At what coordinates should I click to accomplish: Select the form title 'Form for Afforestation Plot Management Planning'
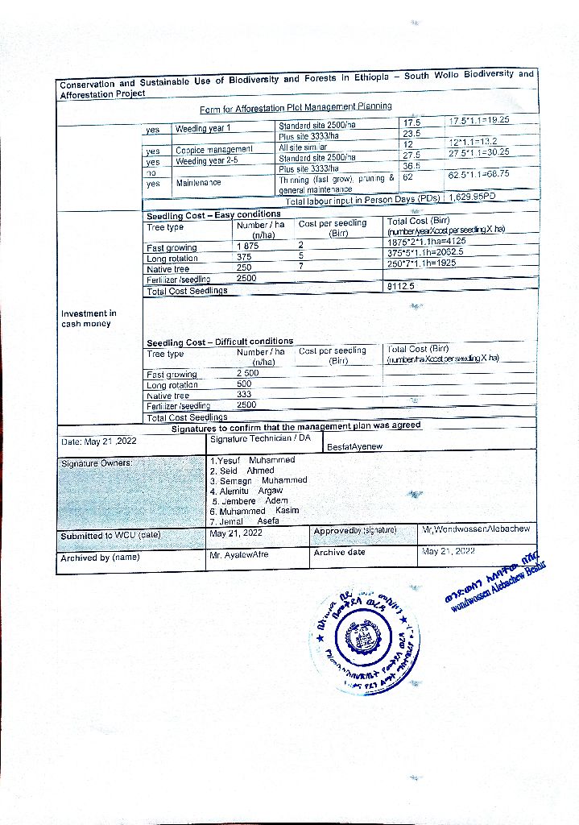coord(296,107)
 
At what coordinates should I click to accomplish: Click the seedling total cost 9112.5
coord(401,286)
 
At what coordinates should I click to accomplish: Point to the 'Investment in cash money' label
coord(89,318)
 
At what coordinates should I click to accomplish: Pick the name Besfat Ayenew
coord(355,446)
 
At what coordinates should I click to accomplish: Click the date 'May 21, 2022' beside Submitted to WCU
coord(236,533)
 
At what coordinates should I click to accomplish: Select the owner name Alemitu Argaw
coord(246,491)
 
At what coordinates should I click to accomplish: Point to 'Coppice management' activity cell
coord(214,150)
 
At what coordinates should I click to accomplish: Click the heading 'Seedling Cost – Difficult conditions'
coord(220,341)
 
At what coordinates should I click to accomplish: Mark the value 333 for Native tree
coord(244,395)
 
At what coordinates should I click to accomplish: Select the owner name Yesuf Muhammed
coord(251,460)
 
